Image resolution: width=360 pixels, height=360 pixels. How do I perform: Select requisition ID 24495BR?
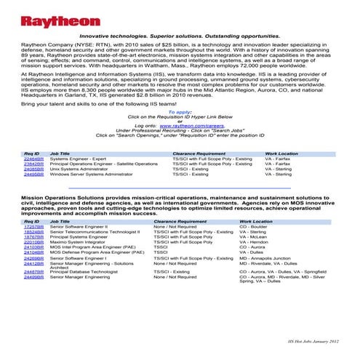pos(33,175)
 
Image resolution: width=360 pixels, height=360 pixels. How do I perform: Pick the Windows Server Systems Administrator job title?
pos(91,175)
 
